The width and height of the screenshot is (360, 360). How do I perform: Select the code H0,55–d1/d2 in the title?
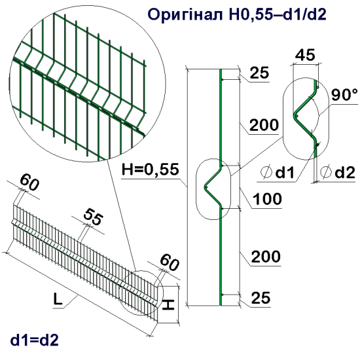pyautogui.click(x=282, y=14)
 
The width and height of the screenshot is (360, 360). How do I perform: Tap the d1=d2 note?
pyautogui.click(x=35, y=340)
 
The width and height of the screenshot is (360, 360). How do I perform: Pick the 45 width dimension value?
pyautogui.click(x=304, y=55)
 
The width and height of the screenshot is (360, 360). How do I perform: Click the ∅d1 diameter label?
pyautogui.click(x=279, y=173)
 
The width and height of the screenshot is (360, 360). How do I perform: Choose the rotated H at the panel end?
pyautogui.click(x=168, y=304)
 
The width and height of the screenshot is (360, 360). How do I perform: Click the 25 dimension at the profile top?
pyautogui.click(x=260, y=74)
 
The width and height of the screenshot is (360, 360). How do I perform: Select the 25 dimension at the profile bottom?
pyautogui.click(x=260, y=298)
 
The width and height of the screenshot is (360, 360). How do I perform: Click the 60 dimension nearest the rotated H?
pyautogui.click(x=168, y=263)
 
